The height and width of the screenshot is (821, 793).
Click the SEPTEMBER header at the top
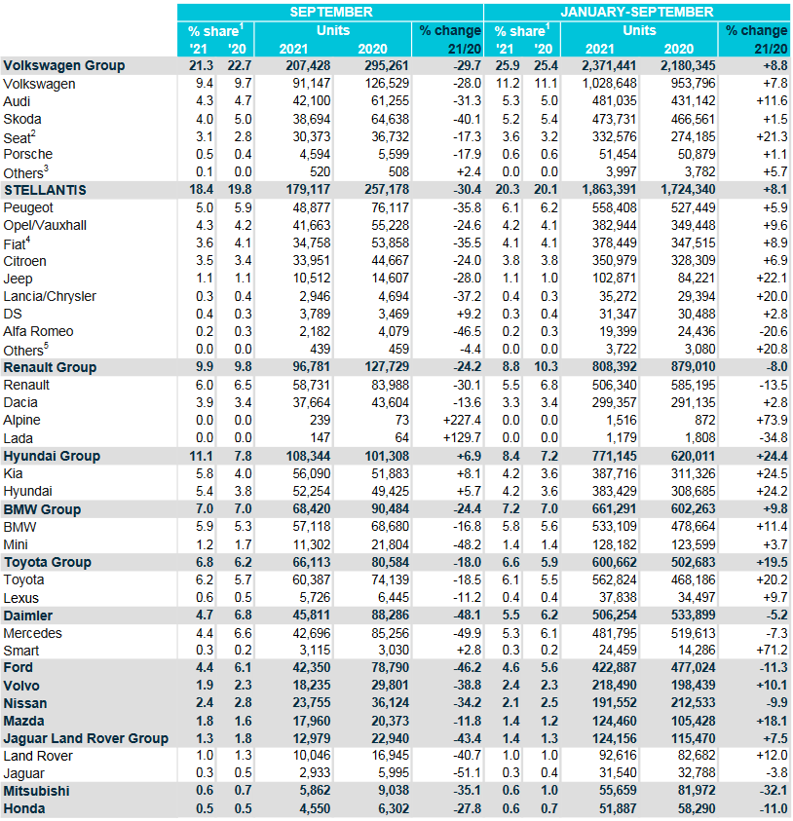click(x=331, y=12)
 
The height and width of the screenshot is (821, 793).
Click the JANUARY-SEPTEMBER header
click(x=637, y=12)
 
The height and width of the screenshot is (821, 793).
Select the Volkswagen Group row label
click(x=64, y=66)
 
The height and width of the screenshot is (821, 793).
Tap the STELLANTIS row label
click(x=45, y=190)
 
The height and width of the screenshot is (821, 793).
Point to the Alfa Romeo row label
click(x=38, y=331)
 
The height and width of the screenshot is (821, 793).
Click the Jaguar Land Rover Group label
click(x=86, y=738)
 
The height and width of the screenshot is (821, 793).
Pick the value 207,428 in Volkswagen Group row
click(x=308, y=66)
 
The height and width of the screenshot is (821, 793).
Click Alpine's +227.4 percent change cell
click(x=462, y=421)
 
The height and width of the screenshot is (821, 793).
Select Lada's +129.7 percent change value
click(x=462, y=437)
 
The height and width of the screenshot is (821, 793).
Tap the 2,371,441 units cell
click(x=609, y=66)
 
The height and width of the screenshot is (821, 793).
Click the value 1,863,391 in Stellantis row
click(x=609, y=190)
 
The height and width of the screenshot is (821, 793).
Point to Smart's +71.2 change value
click(x=772, y=651)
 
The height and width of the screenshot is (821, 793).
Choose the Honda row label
click(x=24, y=809)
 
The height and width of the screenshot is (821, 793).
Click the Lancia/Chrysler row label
click(x=50, y=296)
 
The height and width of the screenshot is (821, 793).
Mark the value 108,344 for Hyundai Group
click(x=308, y=456)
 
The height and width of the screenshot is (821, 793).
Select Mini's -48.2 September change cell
click(x=467, y=544)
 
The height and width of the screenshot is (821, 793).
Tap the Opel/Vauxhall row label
click(x=45, y=226)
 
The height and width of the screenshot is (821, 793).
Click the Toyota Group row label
click(x=48, y=562)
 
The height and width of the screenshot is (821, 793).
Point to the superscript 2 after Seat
click(x=33, y=133)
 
